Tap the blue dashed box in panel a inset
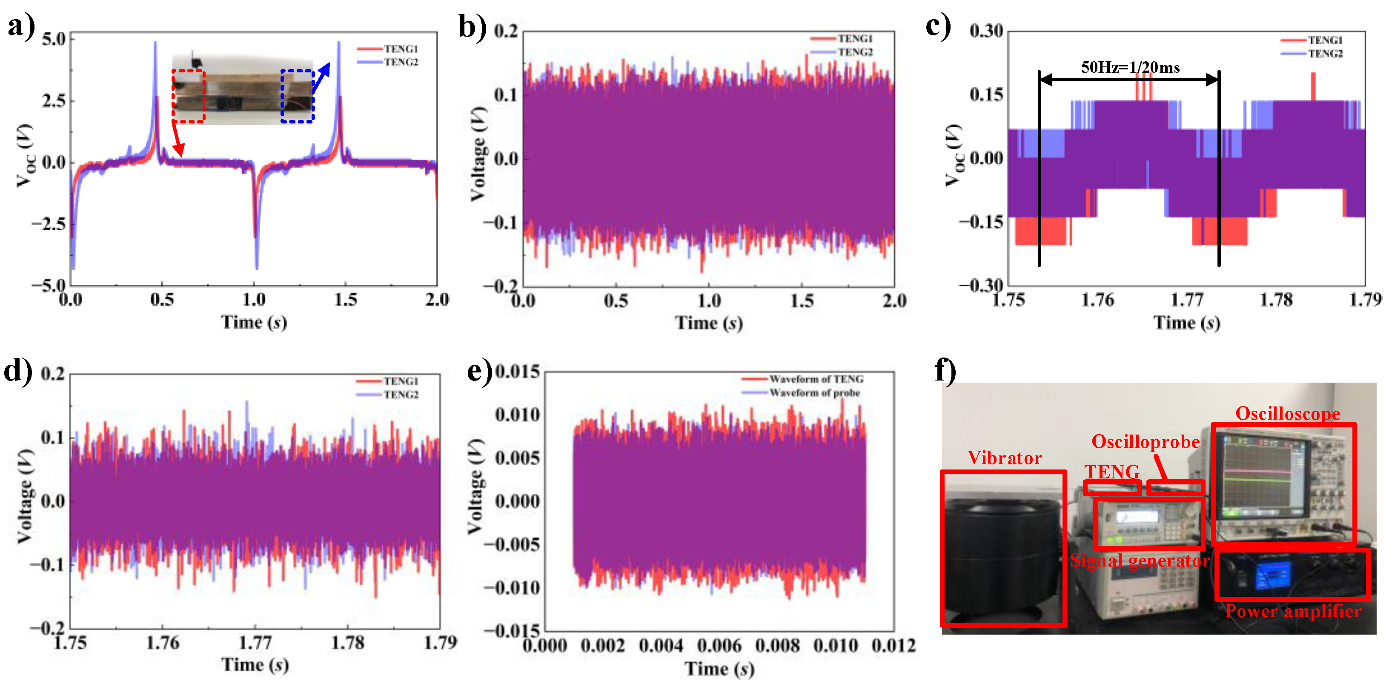[297, 96]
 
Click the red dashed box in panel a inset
[188, 96]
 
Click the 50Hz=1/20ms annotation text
[1130, 67]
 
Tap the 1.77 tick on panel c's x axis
[1187, 300]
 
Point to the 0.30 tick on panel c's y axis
[986, 31]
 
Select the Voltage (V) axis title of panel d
[24, 496]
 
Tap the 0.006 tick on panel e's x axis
[719, 645]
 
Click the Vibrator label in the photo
[1005, 458]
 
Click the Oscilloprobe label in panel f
[1145, 441]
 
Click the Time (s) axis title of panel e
[719, 668]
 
